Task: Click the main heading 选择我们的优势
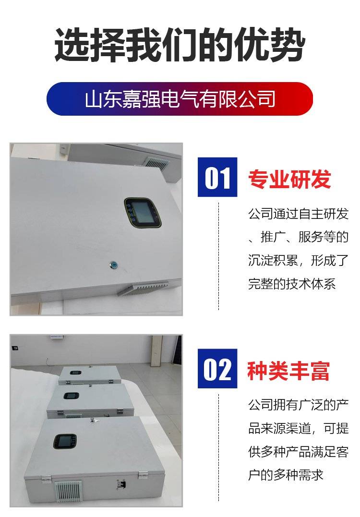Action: click(x=180, y=45)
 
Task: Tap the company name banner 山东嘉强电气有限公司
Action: click(x=180, y=99)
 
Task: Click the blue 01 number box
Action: click(x=217, y=177)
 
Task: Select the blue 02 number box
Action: click(x=217, y=368)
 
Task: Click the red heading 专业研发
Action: click(x=289, y=179)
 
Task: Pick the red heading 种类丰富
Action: click(x=288, y=371)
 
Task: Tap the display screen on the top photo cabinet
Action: click(x=143, y=212)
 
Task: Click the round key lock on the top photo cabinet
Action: click(x=113, y=265)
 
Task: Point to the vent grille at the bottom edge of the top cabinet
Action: click(x=144, y=288)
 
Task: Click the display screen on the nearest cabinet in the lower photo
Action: click(x=65, y=441)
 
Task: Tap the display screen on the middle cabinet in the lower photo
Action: click(x=71, y=396)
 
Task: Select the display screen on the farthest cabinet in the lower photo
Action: click(x=75, y=373)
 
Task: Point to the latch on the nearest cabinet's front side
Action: click(x=121, y=484)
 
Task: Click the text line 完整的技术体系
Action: click(x=292, y=284)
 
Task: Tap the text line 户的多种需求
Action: click(x=286, y=475)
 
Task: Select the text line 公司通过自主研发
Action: click(x=299, y=214)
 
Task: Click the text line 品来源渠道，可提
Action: click(x=299, y=428)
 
